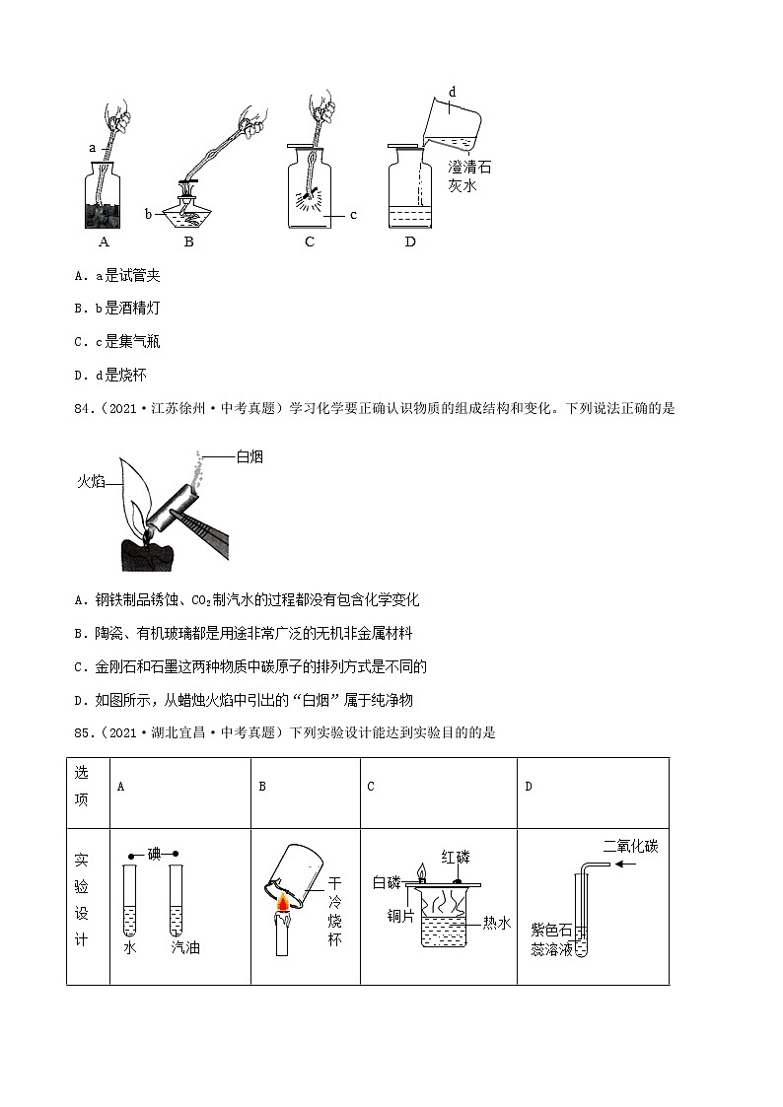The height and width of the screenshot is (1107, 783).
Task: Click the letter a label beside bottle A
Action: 93,147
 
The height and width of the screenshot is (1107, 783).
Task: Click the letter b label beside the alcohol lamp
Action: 148,212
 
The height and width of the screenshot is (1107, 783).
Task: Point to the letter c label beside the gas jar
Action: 353,214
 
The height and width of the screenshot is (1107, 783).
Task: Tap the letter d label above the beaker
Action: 452,92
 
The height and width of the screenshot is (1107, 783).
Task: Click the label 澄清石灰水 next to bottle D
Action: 468,175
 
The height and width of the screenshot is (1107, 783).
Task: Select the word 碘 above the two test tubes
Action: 153,854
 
